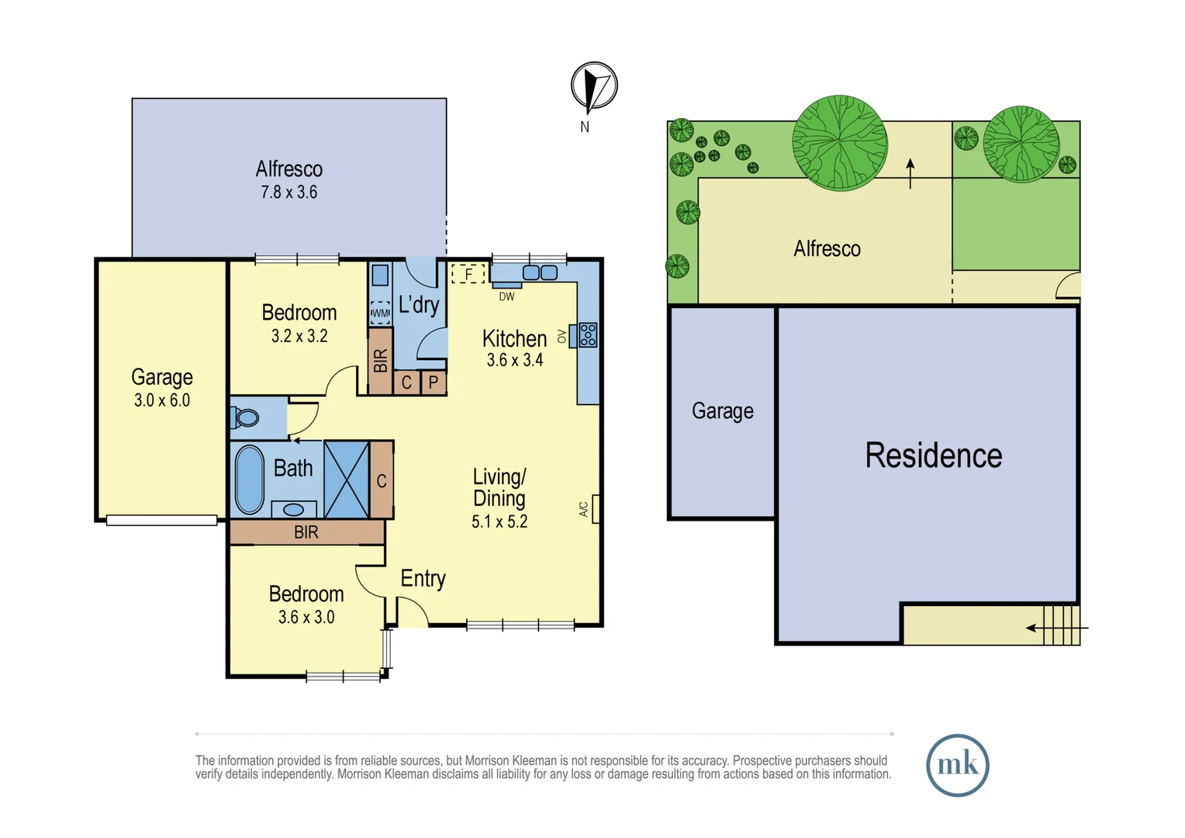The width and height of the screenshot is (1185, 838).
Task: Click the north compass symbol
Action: click(x=594, y=86)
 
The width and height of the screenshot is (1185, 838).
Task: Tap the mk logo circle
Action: click(x=957, y=765)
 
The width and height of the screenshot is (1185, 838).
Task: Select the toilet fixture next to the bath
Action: click(x=246, y=418)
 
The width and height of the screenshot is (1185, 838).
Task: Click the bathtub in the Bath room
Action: click(x=249, y=479)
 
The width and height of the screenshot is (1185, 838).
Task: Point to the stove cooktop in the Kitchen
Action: click(x=588, y=335)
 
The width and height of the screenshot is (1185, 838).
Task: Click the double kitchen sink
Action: click(x=540, y=272)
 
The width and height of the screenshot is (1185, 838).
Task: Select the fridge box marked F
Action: click(x=468, y=274)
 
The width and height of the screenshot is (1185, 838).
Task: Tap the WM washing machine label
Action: click(x=380, y=313)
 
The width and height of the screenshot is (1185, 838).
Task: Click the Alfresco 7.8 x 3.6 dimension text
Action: click(x=288, y=192)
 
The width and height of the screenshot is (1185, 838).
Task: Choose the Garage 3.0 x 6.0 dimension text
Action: click(x=161, y=400)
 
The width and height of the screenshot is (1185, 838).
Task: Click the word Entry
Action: click(x=423, y=579)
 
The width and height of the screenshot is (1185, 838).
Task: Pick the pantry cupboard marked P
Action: click(x=434, y=383)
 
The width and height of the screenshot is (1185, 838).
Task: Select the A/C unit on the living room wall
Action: click(x=596, y=509)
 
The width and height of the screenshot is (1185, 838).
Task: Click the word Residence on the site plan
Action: click(x=933, y=455)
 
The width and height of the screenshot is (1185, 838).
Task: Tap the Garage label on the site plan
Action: click(x=722, y=410)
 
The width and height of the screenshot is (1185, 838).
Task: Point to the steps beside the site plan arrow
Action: click(x=1061, y=625)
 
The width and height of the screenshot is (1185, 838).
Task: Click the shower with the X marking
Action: click(x=346, y=480)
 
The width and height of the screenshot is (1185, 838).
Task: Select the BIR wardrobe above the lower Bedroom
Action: click(x=306, y=532)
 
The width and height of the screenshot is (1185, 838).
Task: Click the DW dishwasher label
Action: click(x=506, y=296)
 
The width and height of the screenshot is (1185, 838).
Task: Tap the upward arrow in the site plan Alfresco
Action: click(x=910, y=173)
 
